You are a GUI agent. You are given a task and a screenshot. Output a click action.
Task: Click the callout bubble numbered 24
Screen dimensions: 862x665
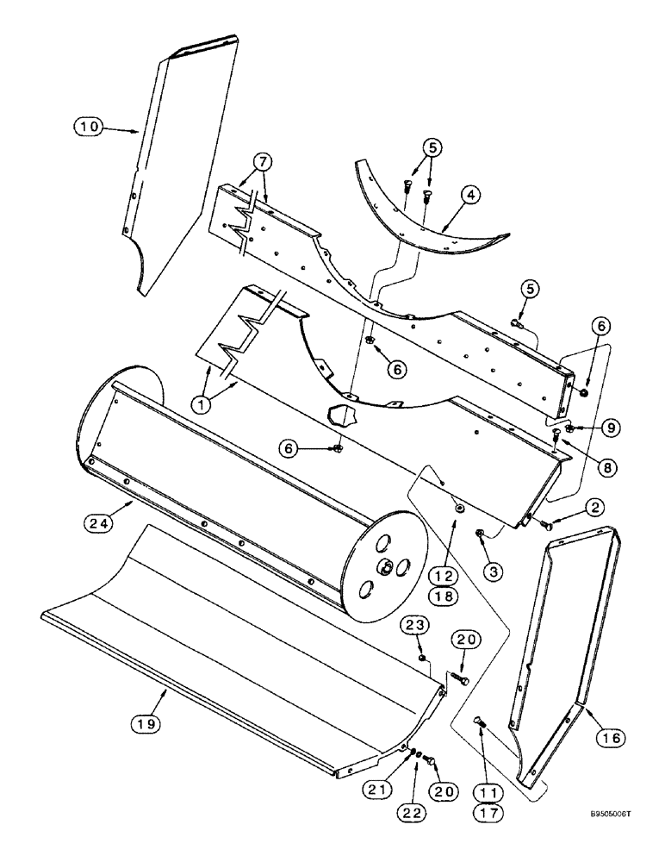(x=103, y=521)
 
